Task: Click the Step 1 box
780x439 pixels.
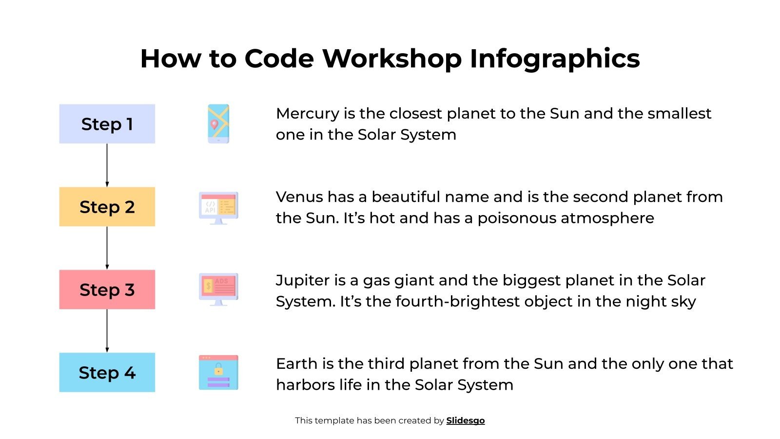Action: click(107, 124)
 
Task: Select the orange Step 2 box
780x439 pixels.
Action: click(107, 207)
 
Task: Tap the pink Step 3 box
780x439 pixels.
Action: click(107, 290)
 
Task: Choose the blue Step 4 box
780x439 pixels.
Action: click(107, 373)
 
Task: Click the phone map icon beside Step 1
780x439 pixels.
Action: click(218, 124)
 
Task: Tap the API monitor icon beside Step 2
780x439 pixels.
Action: click(218, 208)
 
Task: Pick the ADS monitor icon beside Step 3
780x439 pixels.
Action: click(218, 289)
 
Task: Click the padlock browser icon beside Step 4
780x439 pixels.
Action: click(218, 373)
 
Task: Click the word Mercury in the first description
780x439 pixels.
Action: click(307, 114)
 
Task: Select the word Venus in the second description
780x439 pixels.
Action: click(299, 197)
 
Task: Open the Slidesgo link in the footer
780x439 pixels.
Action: click(466, 420)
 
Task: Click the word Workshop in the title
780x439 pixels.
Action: click(392, 59)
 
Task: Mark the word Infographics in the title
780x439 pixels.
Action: click(554, 59)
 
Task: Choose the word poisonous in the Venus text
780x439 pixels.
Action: click(517, 218)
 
